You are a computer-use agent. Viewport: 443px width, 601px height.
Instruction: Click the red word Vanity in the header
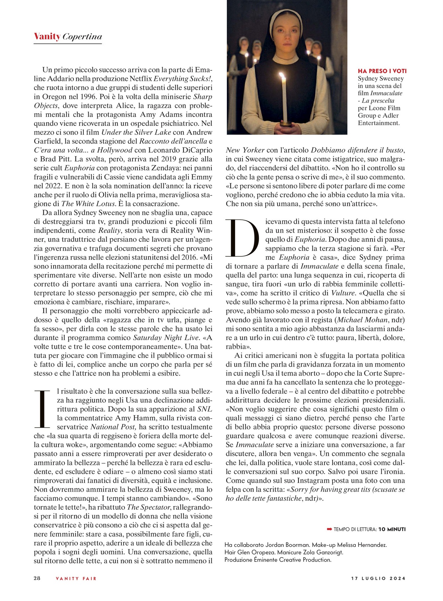tap(47, 36)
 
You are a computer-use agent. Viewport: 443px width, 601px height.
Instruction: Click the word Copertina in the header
tap(82, 37)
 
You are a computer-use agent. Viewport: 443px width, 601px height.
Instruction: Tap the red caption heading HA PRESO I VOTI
tap(382, 71)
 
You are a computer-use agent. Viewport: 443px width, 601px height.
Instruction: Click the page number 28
tap(37, 578)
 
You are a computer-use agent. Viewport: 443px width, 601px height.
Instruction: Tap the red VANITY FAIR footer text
tap(76, 578)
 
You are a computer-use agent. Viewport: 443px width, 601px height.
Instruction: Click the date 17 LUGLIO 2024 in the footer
tap(378, 578)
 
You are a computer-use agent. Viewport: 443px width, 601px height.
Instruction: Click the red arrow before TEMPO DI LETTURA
tap(329, 529)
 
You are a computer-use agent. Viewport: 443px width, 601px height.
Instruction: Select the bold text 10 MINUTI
tap(392, 529)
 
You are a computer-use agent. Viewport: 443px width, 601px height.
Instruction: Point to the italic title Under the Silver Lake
tap(136, 132)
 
